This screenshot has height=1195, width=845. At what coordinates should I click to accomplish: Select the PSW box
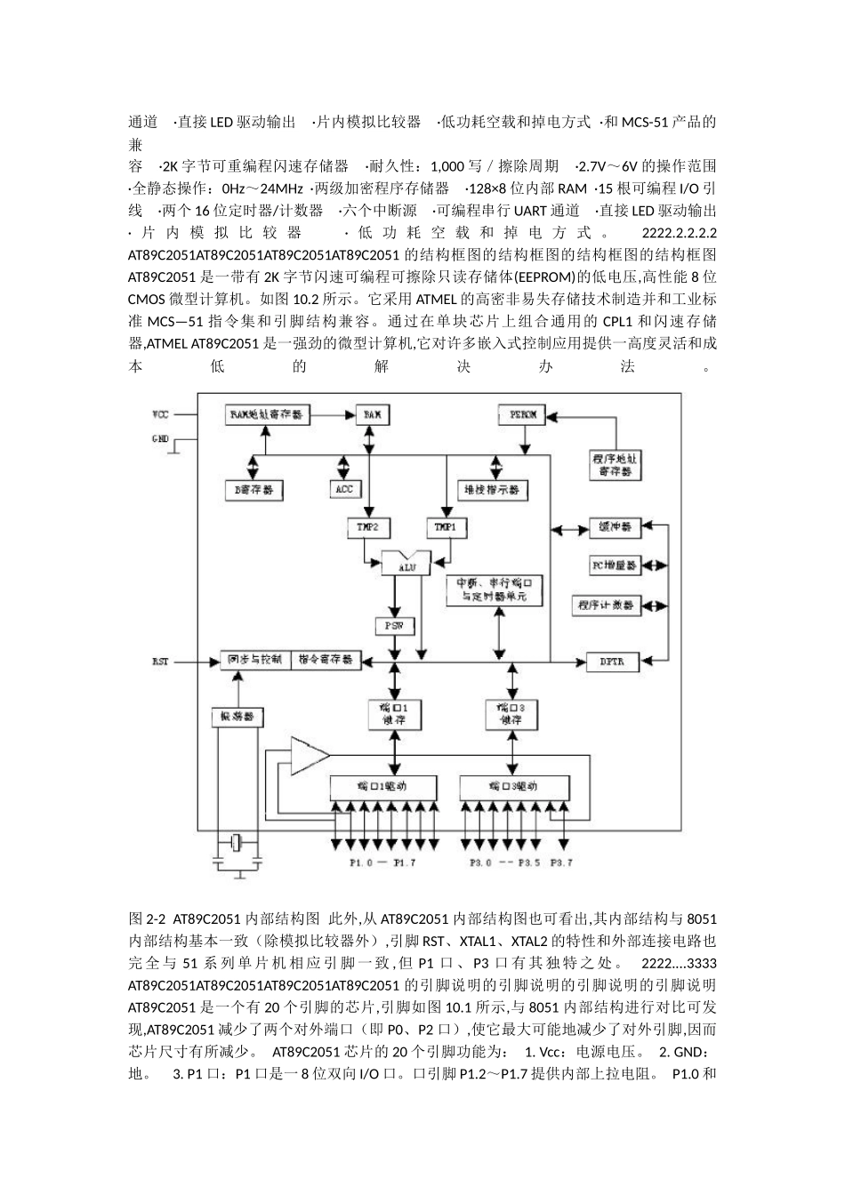coord(394,626)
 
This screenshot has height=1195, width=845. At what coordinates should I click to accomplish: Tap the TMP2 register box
coord(367,526)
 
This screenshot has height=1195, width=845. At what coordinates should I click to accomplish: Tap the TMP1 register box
coord(447,526)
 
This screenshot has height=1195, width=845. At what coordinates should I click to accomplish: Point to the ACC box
coord(344,488)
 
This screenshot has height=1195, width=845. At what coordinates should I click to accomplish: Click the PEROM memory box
coord(522,414)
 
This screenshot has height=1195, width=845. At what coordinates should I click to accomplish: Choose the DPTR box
coord(611,662)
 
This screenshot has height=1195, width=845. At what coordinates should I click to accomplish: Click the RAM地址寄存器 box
coord(266,414)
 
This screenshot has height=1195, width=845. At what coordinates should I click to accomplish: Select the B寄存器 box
coord(254,489)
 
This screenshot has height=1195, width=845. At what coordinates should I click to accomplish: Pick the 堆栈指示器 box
coord(492,489)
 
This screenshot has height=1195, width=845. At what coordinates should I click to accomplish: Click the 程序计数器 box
coord(605,605)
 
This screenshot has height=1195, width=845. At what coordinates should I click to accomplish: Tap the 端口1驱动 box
coord(383,786)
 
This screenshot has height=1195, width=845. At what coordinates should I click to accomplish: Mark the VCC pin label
coord(160,414)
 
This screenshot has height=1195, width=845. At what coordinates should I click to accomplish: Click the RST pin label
coord(160,662)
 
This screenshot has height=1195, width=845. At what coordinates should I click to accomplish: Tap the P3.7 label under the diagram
coord(562,862)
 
